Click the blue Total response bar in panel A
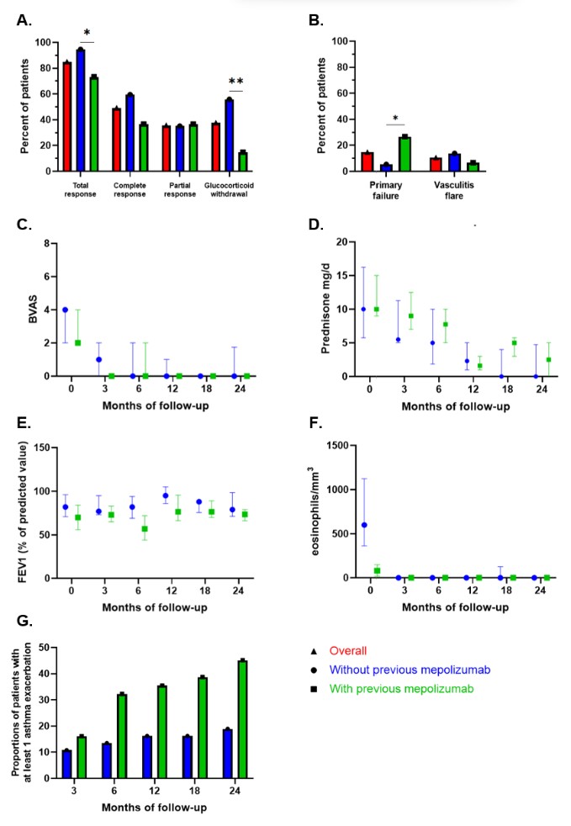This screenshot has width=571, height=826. [x=81, y=109]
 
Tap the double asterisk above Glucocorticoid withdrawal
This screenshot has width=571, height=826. [x=235, y=82]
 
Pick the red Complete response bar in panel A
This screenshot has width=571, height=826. [x=117, y=139]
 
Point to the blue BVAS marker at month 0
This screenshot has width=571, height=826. [x=65, y=310]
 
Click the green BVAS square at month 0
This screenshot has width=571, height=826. [x=78, y=342]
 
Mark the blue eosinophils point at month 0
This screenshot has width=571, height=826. [x=364, y=525]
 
